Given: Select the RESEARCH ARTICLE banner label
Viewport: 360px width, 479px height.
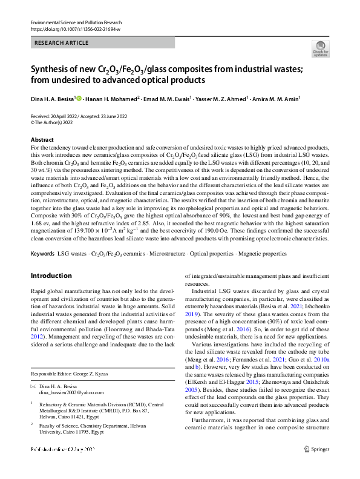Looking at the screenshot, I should [x=62, y=43].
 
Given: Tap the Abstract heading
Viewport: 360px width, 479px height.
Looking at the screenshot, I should [x=42, y=140].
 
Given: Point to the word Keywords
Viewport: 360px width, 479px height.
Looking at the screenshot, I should [x=42, y=253].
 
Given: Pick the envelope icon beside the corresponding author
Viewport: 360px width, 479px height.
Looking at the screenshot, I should [x=33, y=386].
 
